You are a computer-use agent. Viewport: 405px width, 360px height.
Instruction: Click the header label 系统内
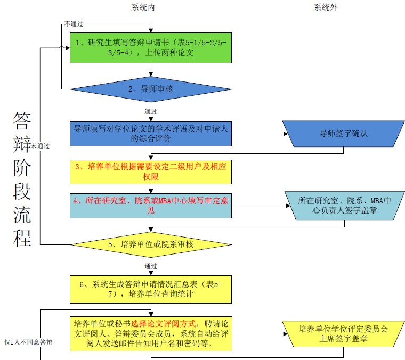[x=144, y=7]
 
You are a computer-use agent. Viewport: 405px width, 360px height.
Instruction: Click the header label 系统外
[x=326, y=7]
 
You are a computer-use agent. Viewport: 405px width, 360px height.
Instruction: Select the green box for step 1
[x=151, y=48]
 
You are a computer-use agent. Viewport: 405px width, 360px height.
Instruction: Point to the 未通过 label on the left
[x=40, y=145]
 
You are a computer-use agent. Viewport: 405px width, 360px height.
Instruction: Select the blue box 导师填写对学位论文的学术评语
[x=151, y=134]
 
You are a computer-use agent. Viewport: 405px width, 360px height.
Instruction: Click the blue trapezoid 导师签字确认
[x=343, y=134]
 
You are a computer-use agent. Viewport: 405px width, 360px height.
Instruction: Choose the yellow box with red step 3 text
[x=151, y=171]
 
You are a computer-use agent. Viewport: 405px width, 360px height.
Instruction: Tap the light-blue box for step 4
[x=151, y=205]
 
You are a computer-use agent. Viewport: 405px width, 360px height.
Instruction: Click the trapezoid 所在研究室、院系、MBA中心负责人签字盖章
[x=344, y=206]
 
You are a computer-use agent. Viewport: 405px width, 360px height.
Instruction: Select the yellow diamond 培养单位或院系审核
[x=151, y=245]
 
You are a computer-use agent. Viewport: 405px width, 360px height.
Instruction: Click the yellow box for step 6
[x=151, y=288]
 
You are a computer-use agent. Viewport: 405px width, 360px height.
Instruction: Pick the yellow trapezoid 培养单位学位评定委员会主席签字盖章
[x=343, y=333]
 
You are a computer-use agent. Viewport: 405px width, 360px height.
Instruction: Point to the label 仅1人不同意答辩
[x=28, y=342]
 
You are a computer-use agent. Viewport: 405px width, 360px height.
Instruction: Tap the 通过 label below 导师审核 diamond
[x=151, y=112]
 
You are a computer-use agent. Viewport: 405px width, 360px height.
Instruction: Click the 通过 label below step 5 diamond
[x=151, y=265]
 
